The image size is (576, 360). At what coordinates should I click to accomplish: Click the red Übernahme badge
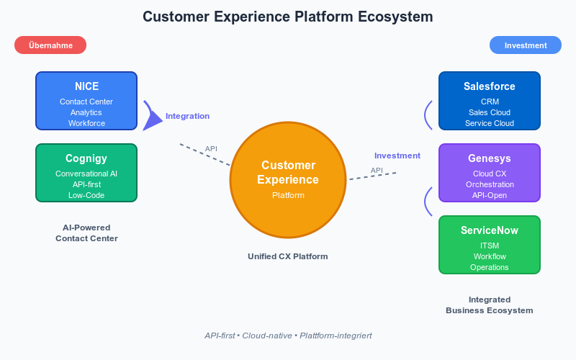click(50, 45)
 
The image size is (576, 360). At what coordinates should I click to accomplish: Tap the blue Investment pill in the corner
click(525, 45)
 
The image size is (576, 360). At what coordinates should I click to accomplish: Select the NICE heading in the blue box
click(86, 86)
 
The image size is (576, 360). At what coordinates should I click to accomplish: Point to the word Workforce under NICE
click(86, 123)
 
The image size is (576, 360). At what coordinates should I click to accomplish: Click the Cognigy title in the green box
click(86, 158)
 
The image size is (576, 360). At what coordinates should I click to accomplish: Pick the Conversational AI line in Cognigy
click(86, 174)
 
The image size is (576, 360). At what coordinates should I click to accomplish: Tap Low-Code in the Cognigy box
click(86, 195)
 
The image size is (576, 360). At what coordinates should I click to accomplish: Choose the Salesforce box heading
click(489, 86)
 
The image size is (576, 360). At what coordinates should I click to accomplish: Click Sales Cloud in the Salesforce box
click(489, 112)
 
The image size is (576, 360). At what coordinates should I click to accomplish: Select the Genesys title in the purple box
click(489, 158)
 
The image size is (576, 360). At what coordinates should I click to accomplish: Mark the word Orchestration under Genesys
click(489, 184)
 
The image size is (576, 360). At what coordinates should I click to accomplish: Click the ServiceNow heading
click(489, 230)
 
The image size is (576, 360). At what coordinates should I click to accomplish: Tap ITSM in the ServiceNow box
click(489, 246)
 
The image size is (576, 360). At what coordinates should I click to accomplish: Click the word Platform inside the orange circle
click(288, 195)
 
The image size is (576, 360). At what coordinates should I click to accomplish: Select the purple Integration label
click(187, 116)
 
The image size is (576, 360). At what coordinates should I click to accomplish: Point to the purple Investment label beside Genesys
click(397, 156)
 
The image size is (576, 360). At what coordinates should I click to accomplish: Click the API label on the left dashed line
click(211, 149)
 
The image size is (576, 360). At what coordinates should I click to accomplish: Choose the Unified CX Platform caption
click(288, 256)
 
